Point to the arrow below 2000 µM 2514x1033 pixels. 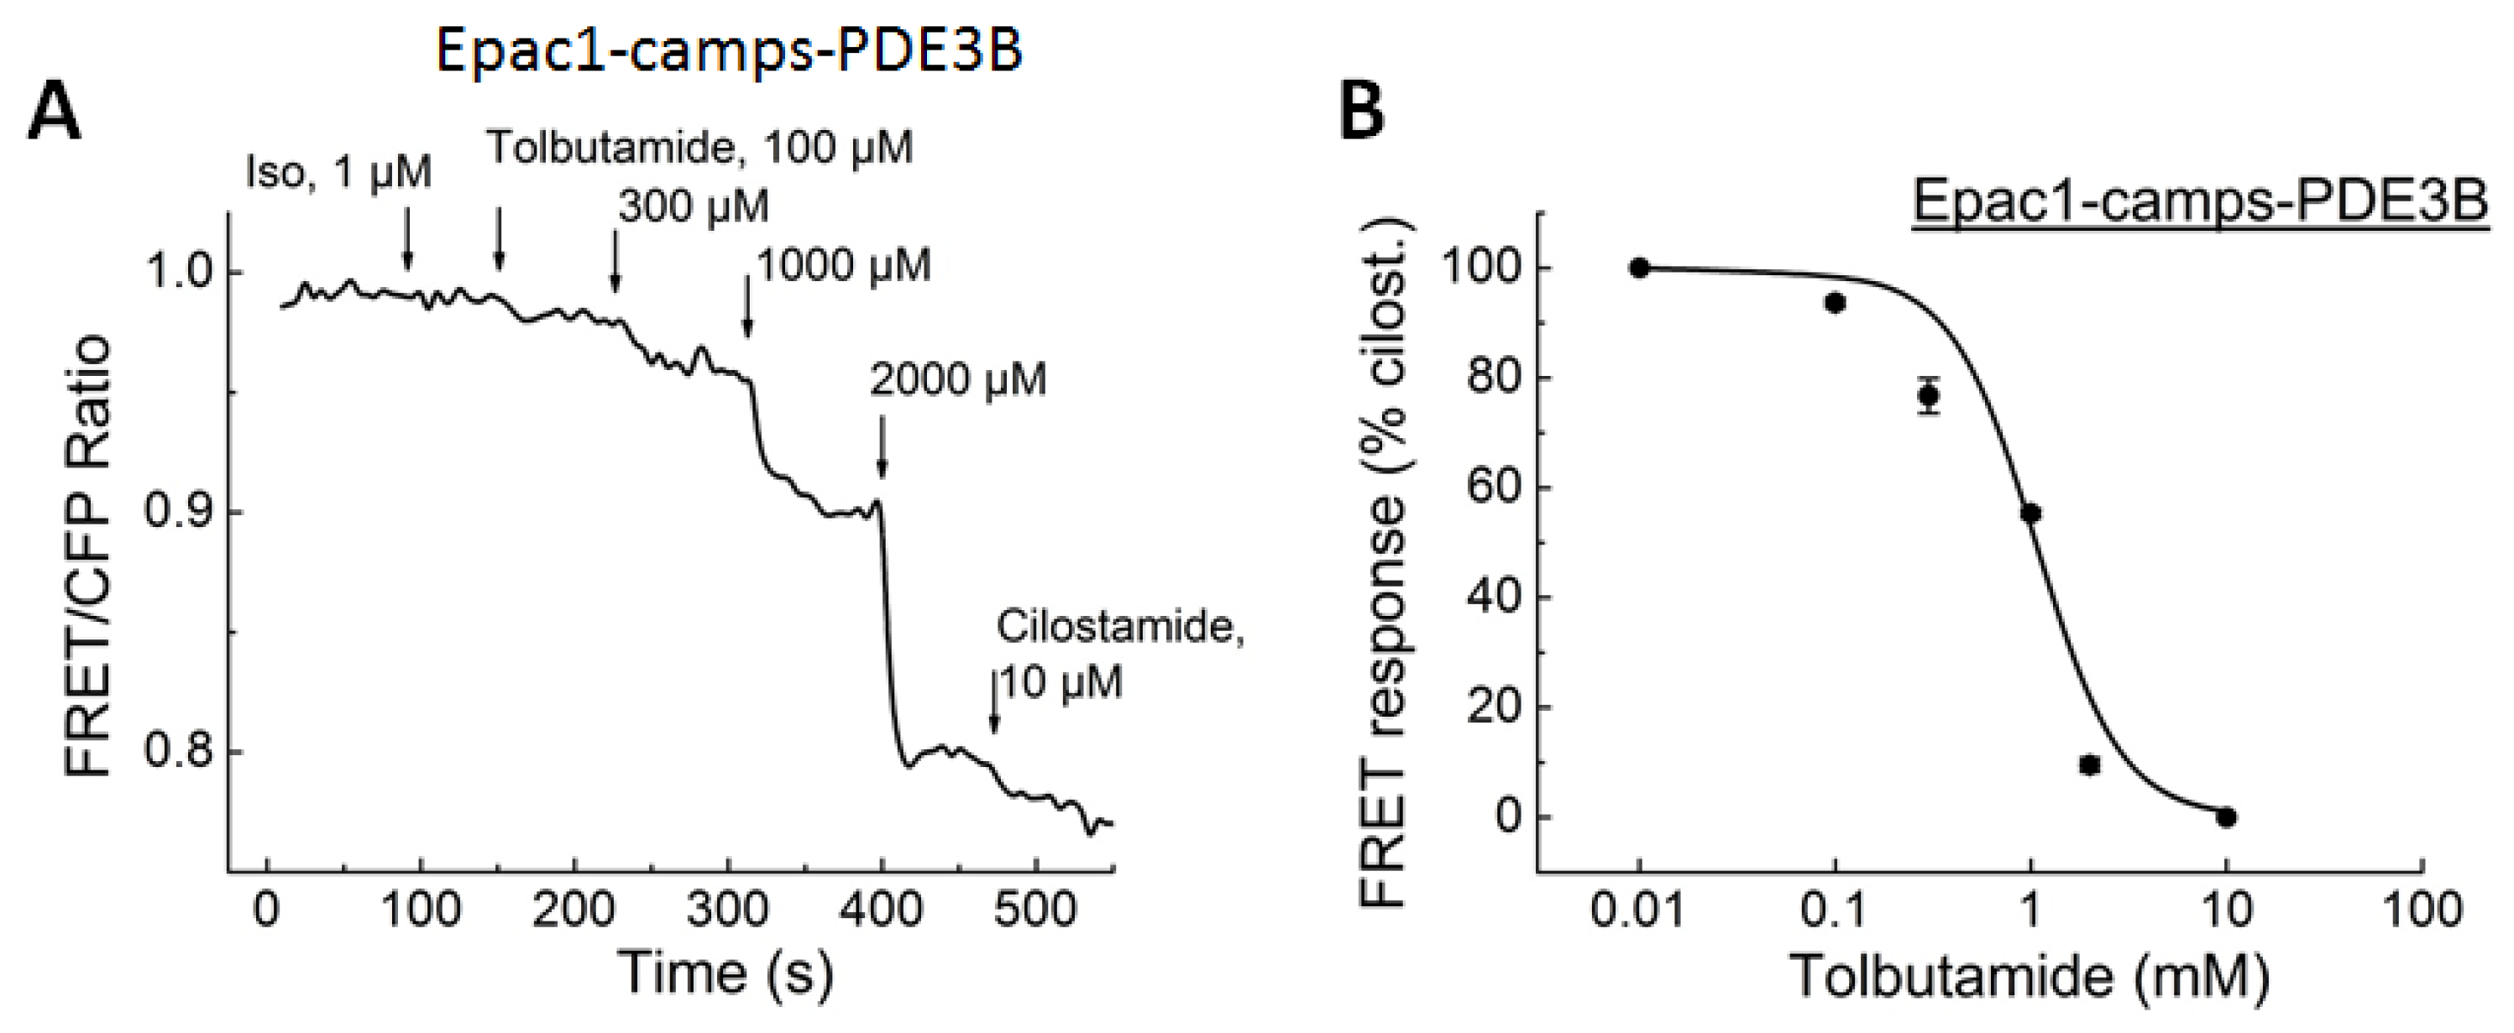point(882,446)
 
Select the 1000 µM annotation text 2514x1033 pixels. point(843,265)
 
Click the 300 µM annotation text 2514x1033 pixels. point(693,206)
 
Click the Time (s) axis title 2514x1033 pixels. point(726,973)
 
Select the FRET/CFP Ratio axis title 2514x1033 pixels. point(88,557)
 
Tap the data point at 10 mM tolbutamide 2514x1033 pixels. point(2226,816)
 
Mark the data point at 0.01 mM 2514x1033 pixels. point(1640,268)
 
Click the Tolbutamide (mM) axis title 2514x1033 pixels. point(2030,975)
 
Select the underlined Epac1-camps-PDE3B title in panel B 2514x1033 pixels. point(2200,202)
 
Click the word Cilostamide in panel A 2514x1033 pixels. point(1119,626)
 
